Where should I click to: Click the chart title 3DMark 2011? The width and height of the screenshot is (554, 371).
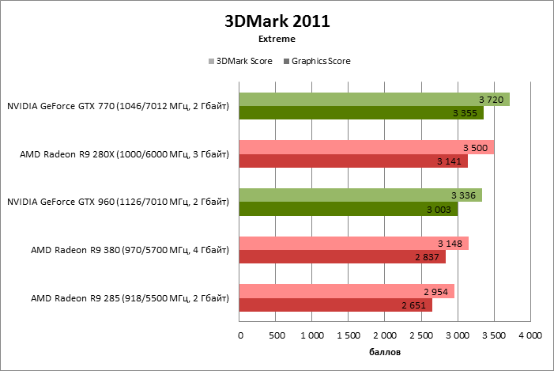click(277, 21)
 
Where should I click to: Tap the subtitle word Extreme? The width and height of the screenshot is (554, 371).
click(277, 38)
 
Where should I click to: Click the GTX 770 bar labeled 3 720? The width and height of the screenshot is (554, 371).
click(374, 100)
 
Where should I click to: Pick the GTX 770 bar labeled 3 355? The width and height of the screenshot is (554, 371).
click(360, 113)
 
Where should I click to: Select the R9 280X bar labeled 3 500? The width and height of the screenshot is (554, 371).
click(366, 147)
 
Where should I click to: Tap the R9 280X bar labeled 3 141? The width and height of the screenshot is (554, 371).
click(352, 161)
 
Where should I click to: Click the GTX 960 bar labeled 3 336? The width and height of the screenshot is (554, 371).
click(360, 195)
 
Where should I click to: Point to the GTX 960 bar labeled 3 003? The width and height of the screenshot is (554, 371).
click(348, 209)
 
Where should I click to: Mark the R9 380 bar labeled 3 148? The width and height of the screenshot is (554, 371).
click(353, 243)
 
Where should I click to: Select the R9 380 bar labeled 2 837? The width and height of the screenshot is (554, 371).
click(341, 256)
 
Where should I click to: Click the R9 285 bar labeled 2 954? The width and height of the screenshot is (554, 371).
click(346, 291)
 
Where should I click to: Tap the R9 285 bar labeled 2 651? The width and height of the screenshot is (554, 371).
click(335, 305)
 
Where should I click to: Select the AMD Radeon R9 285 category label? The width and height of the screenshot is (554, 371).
click(130, 298)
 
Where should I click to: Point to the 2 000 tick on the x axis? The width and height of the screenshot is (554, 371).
click(384, 335)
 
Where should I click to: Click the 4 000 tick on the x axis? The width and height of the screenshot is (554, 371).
click(529, 335)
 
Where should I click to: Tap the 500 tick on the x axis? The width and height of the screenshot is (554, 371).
click(276, 335)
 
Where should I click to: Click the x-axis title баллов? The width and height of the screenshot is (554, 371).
click(385, 350)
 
